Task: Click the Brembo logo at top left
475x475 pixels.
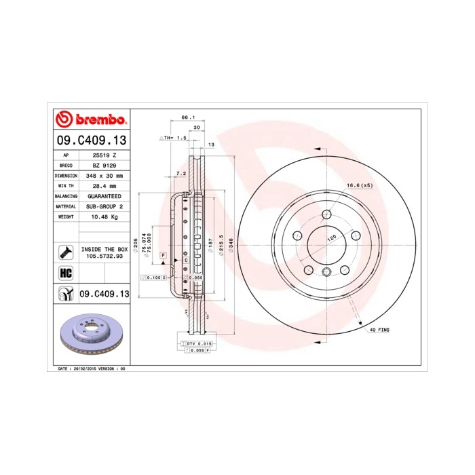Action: point(90,119)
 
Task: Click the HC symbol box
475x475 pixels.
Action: point(66,273)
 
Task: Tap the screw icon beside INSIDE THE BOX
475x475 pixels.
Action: point(66,252)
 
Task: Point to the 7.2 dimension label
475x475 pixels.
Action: point(180,174)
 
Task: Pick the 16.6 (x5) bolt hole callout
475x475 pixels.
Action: point(360,185)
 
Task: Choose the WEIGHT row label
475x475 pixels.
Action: point(66,216)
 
